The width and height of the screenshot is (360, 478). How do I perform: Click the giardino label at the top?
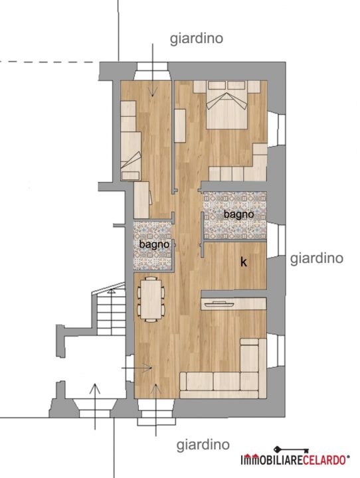pos(196,39)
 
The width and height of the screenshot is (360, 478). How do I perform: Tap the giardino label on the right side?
pos(316,259)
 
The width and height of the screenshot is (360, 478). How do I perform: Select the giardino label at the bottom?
pos(203,445)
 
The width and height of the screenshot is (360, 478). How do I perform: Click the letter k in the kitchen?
pos(244,262)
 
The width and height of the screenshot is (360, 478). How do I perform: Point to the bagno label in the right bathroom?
pos(238,214)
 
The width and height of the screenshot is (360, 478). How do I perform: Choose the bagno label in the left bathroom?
pos(154,244)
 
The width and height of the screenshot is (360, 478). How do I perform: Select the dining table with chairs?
pos(151,299)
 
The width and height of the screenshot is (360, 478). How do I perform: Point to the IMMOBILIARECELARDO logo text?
pos(293,460)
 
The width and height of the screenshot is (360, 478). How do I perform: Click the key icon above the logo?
pos(291,450)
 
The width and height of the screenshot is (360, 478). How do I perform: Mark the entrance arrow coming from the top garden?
pos(153,70)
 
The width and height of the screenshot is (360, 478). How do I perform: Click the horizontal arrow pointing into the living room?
pos(137,368)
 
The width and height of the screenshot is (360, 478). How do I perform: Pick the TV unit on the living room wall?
pos(234,304)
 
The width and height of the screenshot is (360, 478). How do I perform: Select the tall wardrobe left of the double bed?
pos(180,125)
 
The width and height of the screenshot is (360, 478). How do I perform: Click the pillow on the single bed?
pos(131,175)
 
